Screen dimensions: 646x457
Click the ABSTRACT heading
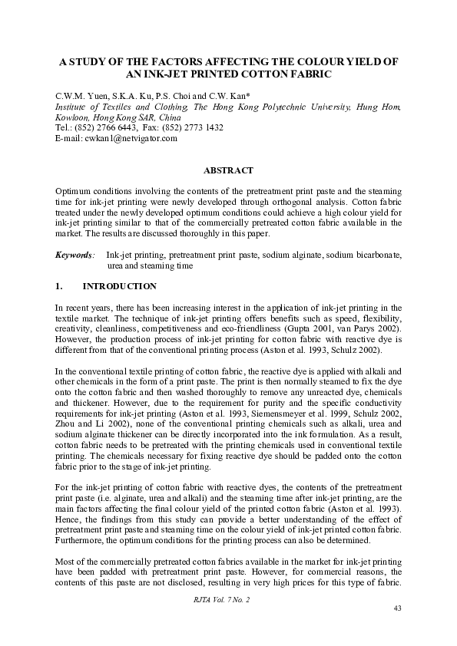pyautogui.click(x=228, y=170)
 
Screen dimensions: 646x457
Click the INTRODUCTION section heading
pyautogui.click(x=119, y=287)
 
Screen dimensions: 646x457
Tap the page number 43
pyautogui.click(x=397, y=608)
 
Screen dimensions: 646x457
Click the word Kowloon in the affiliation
pyautogui.click(x=73, y=117)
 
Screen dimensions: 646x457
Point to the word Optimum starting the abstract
pyautogui.click(x=74, y=190)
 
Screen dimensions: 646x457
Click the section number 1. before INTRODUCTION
pyautogui.click(x=59, y=287)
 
